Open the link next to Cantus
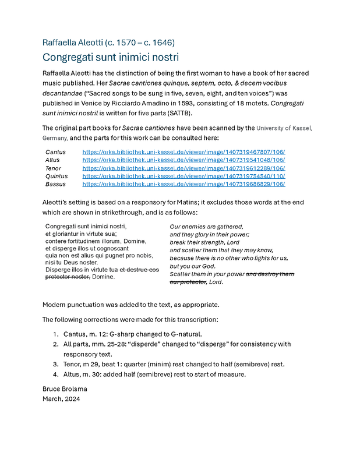pyautogui.click(x=183, y=152)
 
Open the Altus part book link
pyautogui.click(x=183, y=160)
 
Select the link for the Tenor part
pyautogui.click(x=183, y=168)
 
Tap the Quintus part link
pyautogui.click(x=183, y=176)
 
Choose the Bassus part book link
pyautogui.click(x=183, y=184)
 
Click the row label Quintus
pyautogui.click(x=57, y=176)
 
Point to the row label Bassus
pyautogui.click(x=56, y=184)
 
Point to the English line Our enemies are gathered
pyautogui.click(x=206, y=226)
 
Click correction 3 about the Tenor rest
pyautogui.click(x=174, y=364)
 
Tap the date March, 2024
pyautogui.click(x=61, y=399)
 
